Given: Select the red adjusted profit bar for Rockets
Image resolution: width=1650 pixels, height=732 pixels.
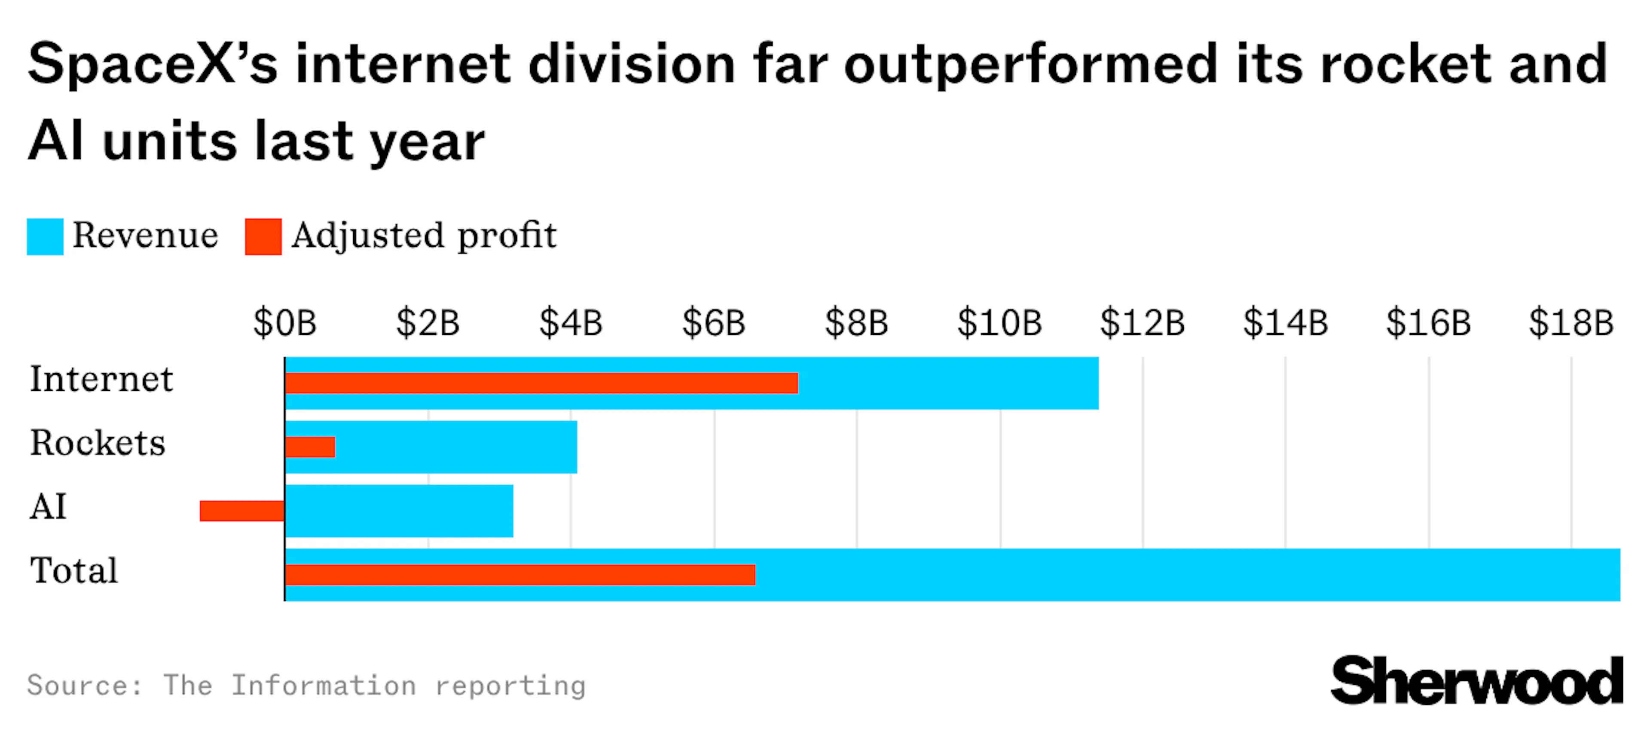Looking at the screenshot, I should tap(310, 447).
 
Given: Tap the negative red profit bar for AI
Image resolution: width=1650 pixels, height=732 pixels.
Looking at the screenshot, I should tap(241, 511).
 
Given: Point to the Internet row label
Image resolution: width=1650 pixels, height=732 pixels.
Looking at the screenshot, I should tap(101, 379).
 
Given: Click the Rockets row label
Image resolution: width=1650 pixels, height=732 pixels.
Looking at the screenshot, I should tap(98, 443).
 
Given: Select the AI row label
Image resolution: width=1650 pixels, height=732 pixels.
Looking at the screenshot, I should tap(48, 507).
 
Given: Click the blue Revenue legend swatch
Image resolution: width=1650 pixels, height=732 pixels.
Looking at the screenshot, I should tap(45, 236).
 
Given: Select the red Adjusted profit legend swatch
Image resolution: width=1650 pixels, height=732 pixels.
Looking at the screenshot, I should tap(263, 236).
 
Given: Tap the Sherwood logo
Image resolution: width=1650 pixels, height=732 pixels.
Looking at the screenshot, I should tap(1476, 681).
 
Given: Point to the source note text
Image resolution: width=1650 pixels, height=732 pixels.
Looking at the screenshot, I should tap(306, 685).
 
